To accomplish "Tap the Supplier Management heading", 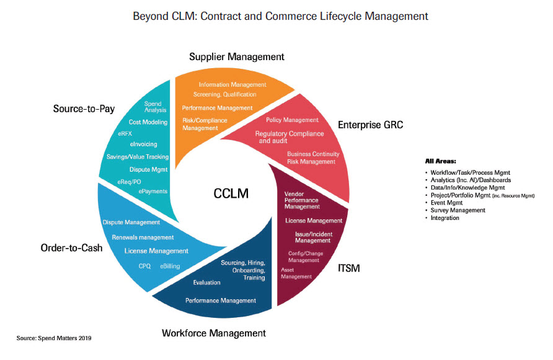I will tap(236, 57).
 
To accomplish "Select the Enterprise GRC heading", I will tap(370, 125).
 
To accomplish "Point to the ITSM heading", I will tap(348, 268).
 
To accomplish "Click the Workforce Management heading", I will tap(214, 333).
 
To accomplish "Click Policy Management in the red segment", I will tap(292, 120).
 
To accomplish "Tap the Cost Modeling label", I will tap(148, 122).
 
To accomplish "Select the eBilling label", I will tap(170, 266).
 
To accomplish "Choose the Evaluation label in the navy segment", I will tap(206, 283).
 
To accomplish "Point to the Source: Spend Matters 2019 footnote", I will tap(54, 338).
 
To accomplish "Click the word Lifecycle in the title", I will tap(324, 15).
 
